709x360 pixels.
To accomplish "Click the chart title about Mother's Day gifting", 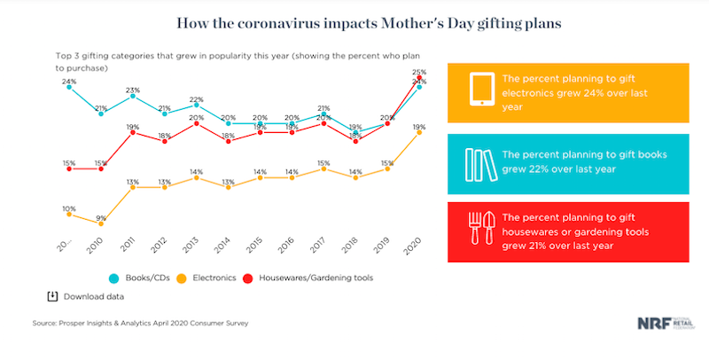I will pyautogui.click(x=354, y=20).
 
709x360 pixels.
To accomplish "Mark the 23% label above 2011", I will pyautogui.click(x=133, y=90).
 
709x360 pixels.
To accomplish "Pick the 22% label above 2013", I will pyautogui.click(x=196, y=98).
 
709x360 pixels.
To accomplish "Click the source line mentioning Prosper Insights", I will pyautogui.click(x=141, y=325).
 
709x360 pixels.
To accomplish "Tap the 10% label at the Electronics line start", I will pyautogui.click(x=68, y=208).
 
